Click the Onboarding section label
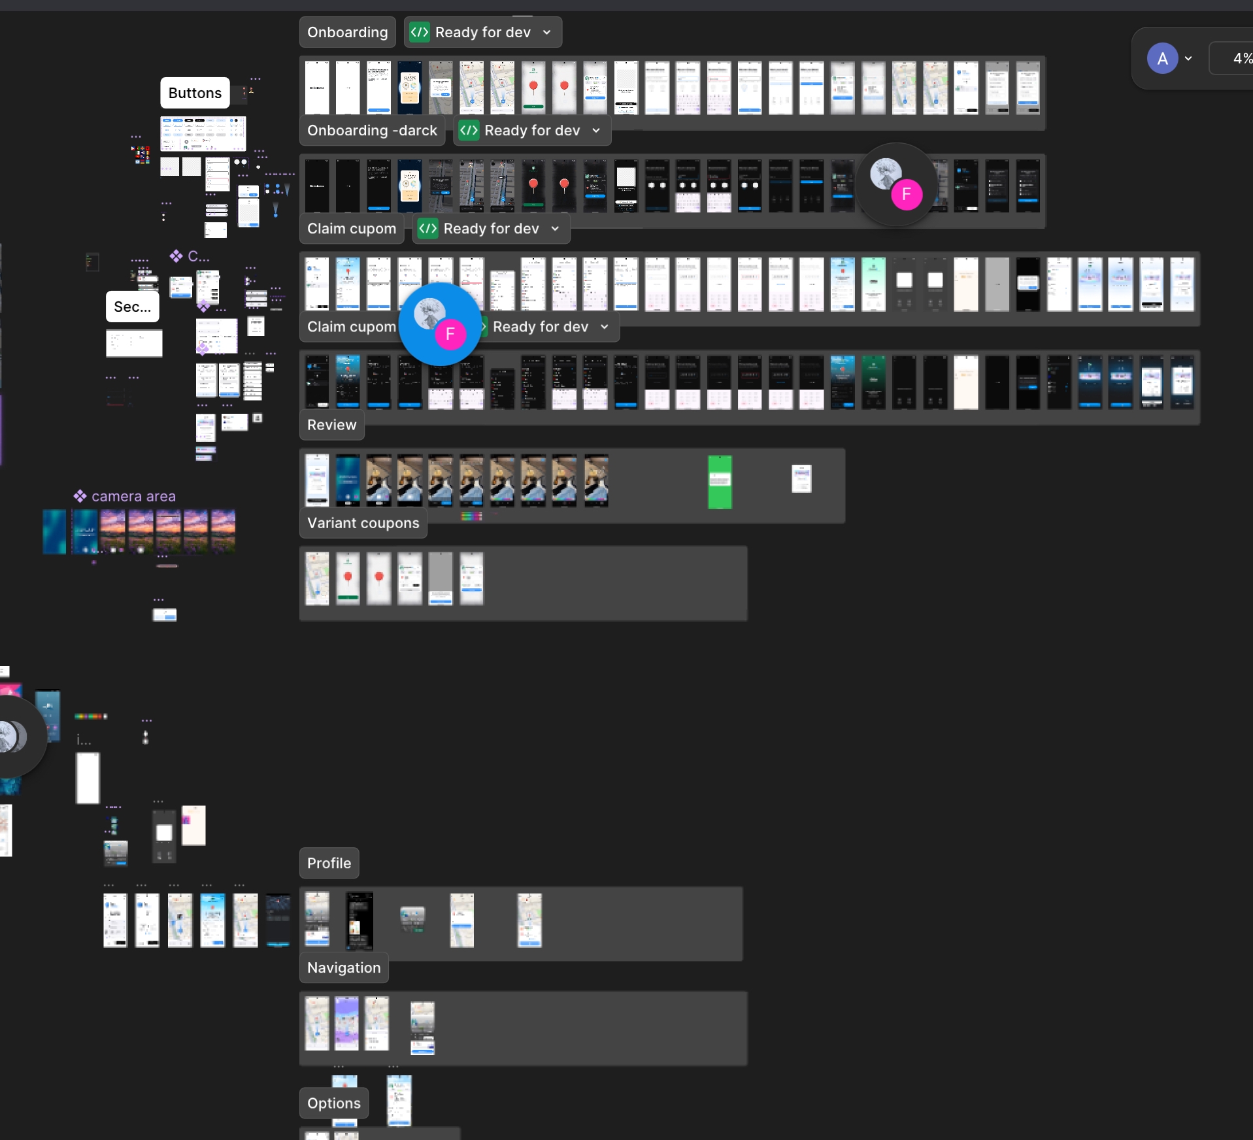[347, 33]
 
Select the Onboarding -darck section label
[372, 131]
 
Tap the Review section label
[331, 425]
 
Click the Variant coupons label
[363, 523]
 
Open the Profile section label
[329, 863]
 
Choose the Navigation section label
[344, 967]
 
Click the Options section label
[333, 1103]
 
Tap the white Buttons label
[195, 93]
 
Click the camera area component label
[133, 496]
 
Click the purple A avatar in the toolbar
[1162, 59]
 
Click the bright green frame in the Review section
[720, 482]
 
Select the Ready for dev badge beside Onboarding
[482, 33]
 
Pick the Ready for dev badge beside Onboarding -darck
[531, 131]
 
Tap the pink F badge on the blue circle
[450, 334]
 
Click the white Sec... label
[132, 307]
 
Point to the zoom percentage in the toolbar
[1241, 59]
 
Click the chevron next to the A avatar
[1188, 59]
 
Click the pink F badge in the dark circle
[907, 194]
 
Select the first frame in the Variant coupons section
[317, 578]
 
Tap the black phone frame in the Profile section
[359, 920]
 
